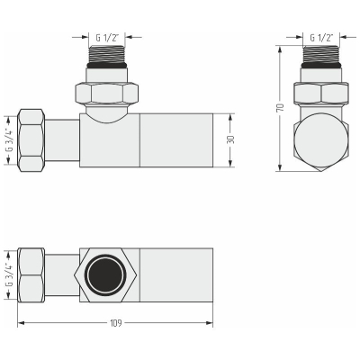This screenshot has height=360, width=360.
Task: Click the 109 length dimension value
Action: (x=116, y=323)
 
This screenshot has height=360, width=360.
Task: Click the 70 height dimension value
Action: (x=281, y=107)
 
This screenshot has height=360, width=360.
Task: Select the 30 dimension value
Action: (x=231, y=139)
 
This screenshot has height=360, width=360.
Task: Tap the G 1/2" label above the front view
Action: (x=107, y=38)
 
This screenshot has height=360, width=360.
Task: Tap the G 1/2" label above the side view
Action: (x=321, y=38)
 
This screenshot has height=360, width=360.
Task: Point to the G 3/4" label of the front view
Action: (x=10, y=140)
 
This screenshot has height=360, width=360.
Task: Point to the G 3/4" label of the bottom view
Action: (x=10, y=275)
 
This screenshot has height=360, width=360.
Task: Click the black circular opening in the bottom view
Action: (x=105, y=275)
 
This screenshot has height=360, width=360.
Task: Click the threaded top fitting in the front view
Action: (x=107, y=57)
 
